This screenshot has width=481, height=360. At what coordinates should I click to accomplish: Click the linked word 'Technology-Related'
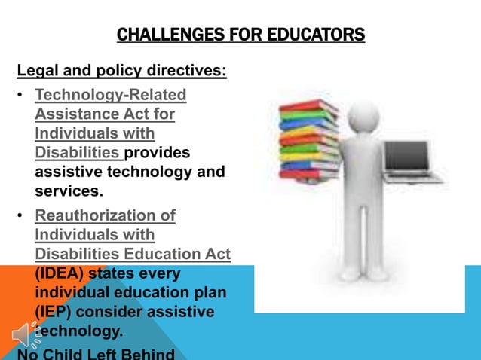[x=111, y=96]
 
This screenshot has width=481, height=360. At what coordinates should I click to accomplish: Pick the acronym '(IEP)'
[x=54, y=311]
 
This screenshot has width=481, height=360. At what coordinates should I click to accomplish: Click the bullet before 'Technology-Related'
[x=21, y=96]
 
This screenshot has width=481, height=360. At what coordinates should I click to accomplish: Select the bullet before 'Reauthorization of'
[x=21, y=216]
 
